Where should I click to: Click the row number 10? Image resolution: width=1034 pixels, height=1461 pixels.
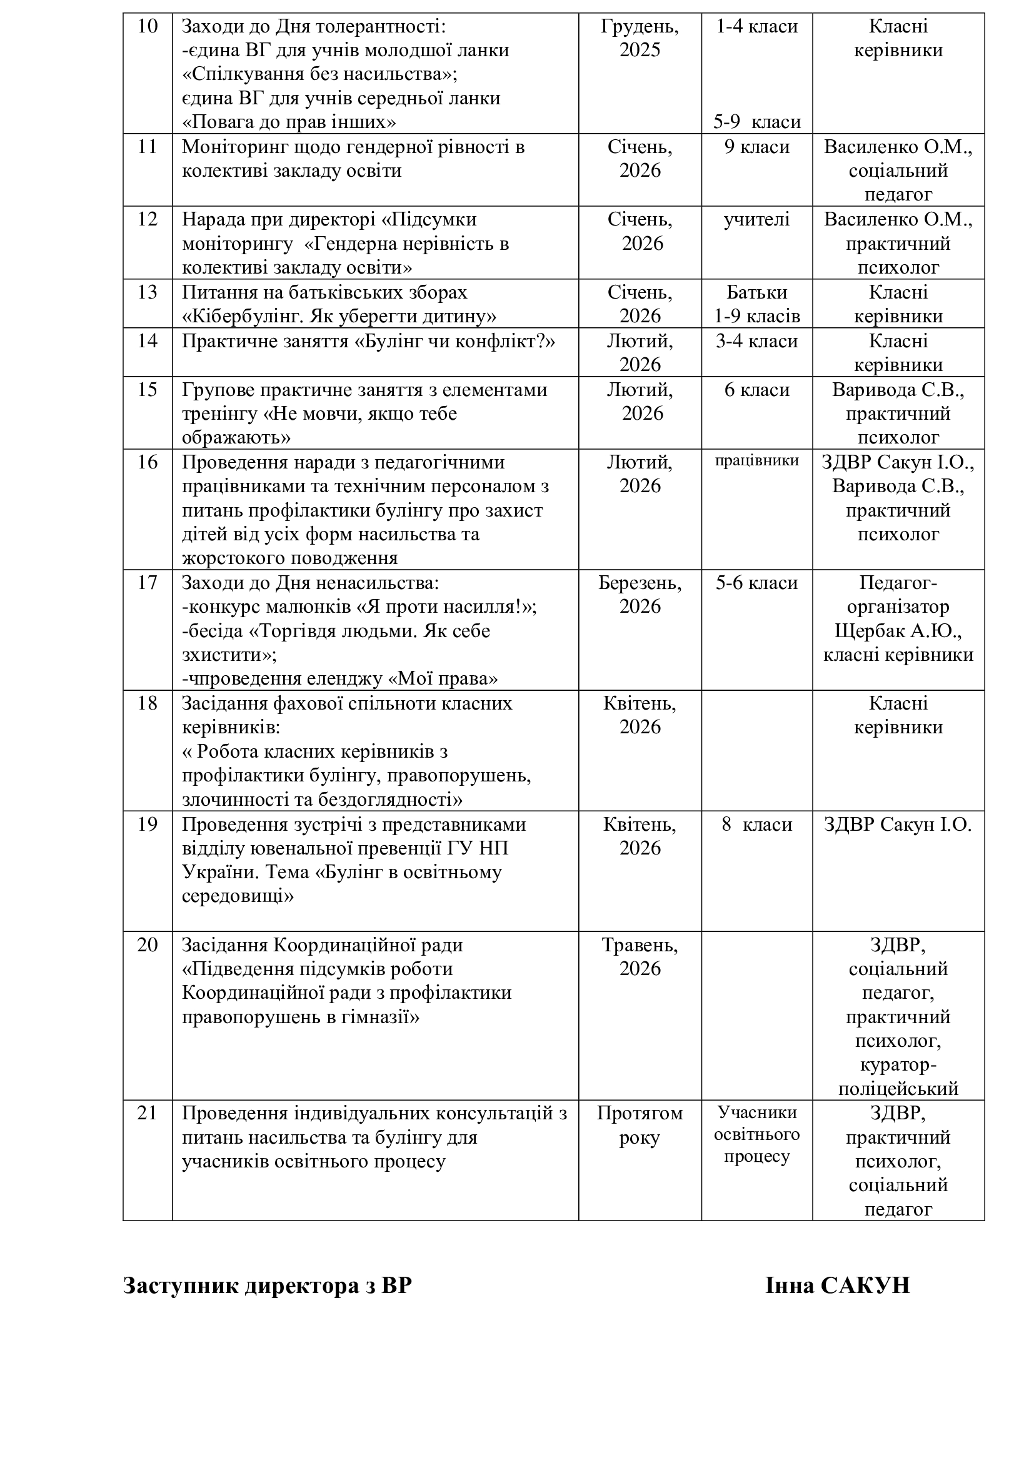point(147,27)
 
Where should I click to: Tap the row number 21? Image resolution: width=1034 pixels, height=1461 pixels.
point(147,1113)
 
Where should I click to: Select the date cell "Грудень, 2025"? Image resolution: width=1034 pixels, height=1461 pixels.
point(640,38)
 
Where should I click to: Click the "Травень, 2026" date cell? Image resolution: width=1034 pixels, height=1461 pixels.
point(640,956)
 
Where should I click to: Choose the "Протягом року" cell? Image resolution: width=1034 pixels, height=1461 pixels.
point(640,1125)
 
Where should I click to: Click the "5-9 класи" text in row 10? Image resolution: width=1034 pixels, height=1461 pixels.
point(756,122)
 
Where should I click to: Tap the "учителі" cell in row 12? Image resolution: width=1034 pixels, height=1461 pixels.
point(756,219)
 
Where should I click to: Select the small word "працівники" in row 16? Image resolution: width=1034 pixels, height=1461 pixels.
point(756,461)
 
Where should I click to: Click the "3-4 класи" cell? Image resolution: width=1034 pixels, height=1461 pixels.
point(756,341)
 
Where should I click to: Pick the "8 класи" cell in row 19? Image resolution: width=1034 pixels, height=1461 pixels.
point(756,825)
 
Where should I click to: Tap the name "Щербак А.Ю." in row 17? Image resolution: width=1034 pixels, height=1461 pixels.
point(898,631)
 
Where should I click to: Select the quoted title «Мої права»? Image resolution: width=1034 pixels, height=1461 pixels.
point(443,679)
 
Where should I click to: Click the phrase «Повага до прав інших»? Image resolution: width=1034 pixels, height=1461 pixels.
point(289,122)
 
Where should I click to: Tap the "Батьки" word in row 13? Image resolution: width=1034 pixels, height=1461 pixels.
point(756,292)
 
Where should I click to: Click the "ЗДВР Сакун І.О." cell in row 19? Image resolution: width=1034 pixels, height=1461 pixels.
point(898,825)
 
